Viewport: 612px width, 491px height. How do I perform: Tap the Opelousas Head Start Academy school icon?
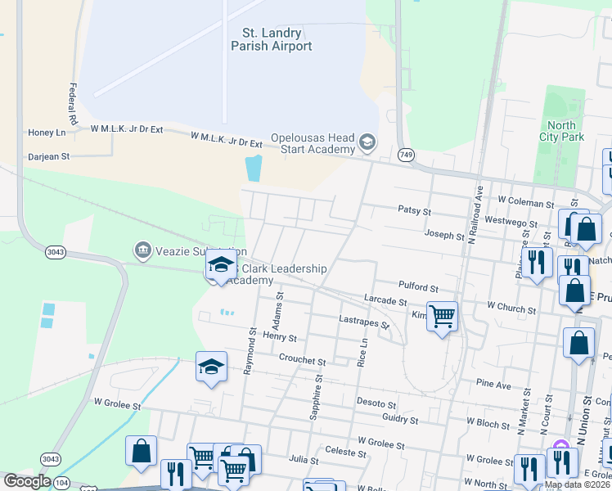click(x=367, y=143)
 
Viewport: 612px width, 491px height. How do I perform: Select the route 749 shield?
click(x=406, y=155)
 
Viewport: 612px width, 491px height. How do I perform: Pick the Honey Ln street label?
click(x=47, y=133)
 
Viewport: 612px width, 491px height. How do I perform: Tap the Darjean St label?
click(x=49, y=155)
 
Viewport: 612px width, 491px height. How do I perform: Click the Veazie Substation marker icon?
click(x=142, y=248)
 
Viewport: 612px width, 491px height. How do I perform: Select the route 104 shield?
click(x=63, y=484)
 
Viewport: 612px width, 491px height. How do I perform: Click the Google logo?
click(x=26, y=482)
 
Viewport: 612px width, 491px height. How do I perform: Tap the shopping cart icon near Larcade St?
click(x=442, y=316)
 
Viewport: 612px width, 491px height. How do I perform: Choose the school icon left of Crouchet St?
click(x=211, y=367)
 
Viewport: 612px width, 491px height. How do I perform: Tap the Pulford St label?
click(x=418, y=288)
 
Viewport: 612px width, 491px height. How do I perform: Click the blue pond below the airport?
click(x=254, y=168)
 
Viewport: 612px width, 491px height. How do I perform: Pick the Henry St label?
click(x=280, y=337)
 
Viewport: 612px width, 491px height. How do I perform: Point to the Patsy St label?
click(x=414, y=210)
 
